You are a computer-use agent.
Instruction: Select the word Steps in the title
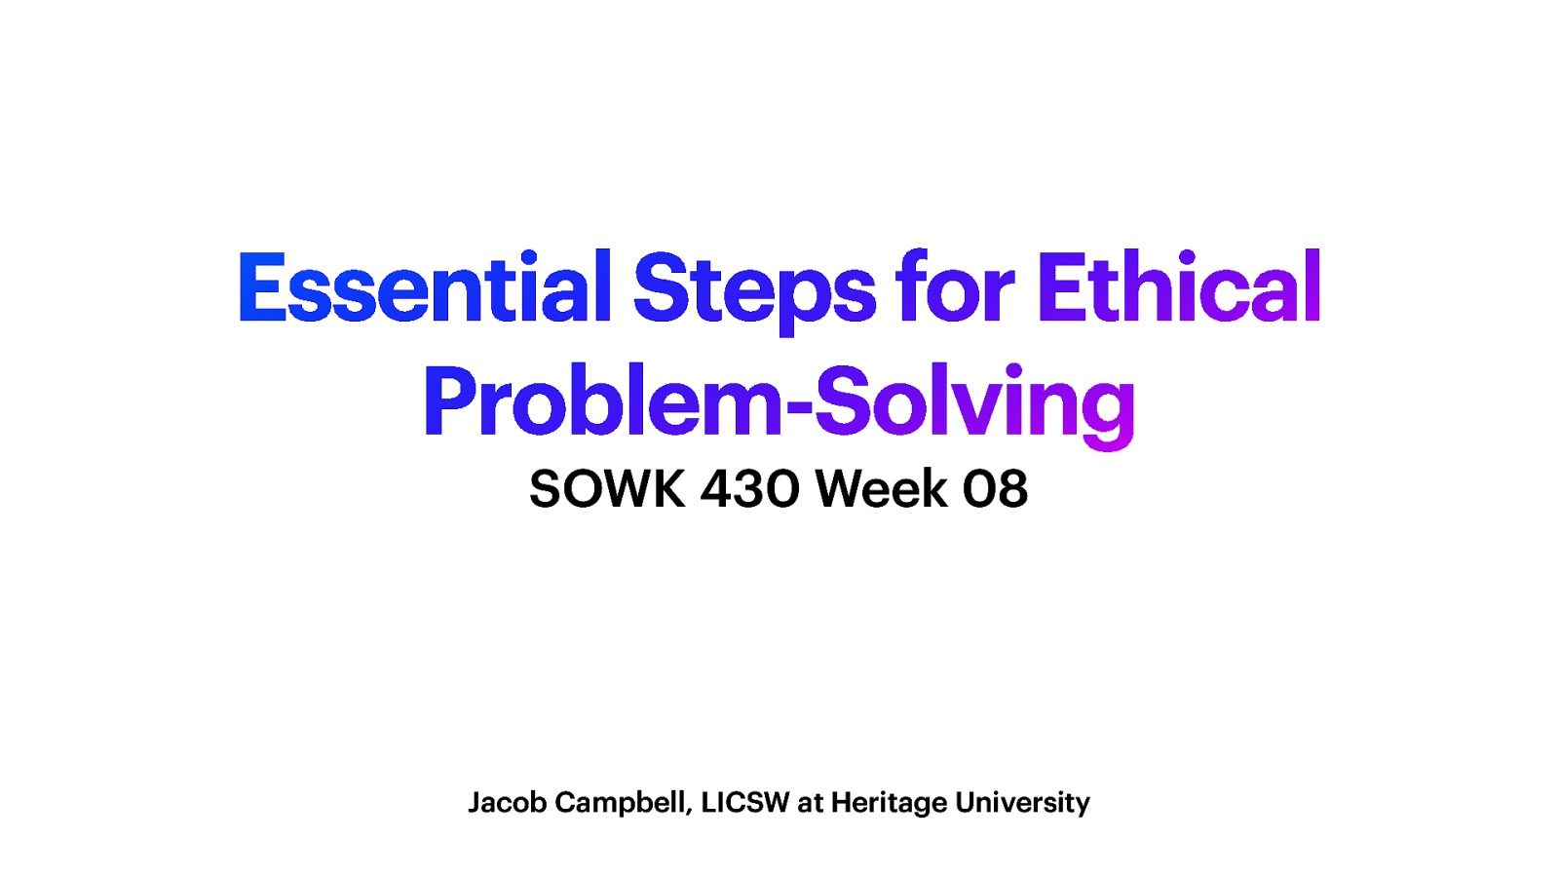[x=754, y=289]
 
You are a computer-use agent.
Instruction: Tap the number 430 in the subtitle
[x=749, y=488]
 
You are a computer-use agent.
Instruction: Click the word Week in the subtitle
[x=881, y=488]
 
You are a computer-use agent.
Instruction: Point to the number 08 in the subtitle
[x=995, y=488]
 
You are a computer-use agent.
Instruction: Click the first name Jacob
[x=507, y=802]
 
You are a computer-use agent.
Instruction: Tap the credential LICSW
[x=745, y=802]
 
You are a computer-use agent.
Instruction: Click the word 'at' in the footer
[x=810, y=803]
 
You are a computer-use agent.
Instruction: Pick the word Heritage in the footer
[x=889, y=803]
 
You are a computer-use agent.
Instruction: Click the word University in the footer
[x=1022, y=803]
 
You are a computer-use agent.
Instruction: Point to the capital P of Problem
[x=445, y=401]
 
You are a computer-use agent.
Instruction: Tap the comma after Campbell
[x=690, y=811]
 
